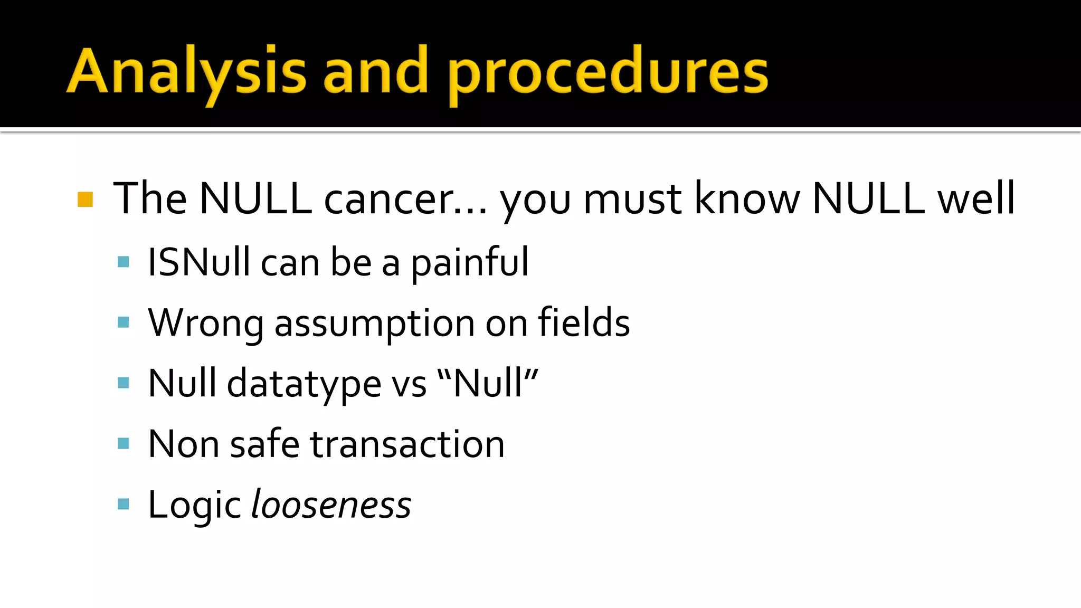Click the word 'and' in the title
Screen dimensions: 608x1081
(x=375, y=71)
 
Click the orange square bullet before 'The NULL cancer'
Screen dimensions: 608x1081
(x=85, y=199)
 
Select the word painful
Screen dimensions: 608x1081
(x=469, y=262)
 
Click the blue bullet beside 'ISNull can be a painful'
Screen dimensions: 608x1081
(x=124, y=262)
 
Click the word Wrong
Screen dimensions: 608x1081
(x=205, y=323)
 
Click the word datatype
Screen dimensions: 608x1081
(x=304, y=384)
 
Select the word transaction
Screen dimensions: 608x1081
(x=407, y=444)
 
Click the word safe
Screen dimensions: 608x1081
(x=264, y=444)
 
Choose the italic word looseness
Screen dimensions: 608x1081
(x=331, y=505)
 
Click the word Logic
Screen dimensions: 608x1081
(x=194, y=506)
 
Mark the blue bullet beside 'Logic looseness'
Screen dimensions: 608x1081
(x=124, y=504)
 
